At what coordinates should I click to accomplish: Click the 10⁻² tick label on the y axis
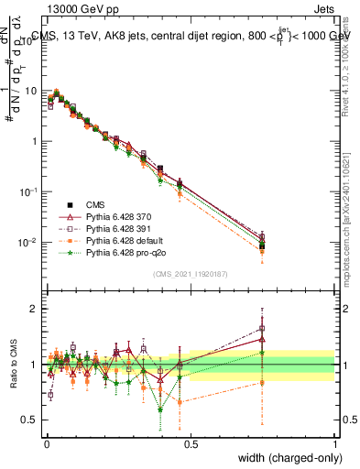tap(29, 242)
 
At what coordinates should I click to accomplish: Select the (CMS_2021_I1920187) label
tap(190, 274)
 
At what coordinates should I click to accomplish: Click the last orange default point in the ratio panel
tap(263, 383)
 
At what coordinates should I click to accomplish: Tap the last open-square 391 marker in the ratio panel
tap(263, 328)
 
